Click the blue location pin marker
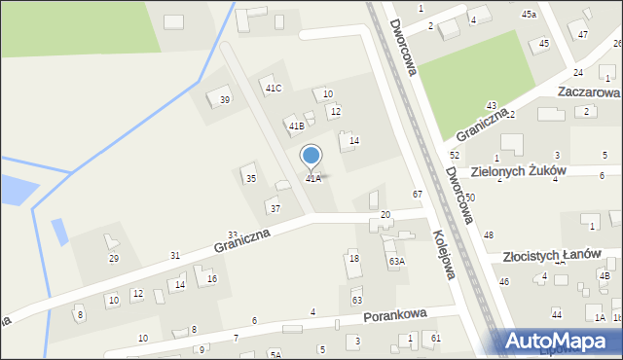pos(311,156)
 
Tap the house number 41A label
pos(313,179)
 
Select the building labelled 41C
pos(273,89)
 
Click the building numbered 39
pos(225,100)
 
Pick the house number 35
pos(250,178)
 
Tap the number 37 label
pos(275,209)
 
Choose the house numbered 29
pos(114,258)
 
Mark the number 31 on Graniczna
pos(175,255)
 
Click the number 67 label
pos(417,195)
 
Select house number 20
pos(385,214)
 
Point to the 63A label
pos(396,262)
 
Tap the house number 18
pos(354,258)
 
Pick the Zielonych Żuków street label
pos(518,170)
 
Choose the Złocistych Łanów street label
pos(552,256)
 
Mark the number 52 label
pos(454,156)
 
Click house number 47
pos(582,35)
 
